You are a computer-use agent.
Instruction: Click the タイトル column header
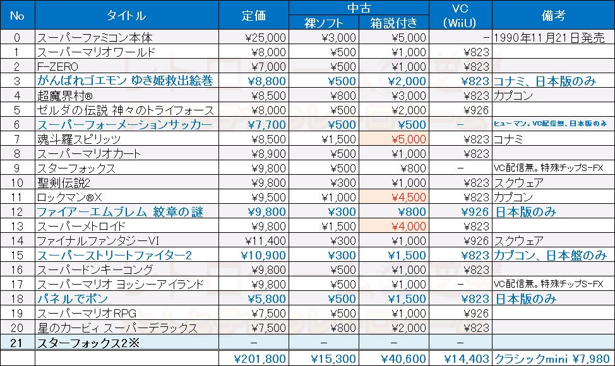pyautogui.click(x=126, y=16)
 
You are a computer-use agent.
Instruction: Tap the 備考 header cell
pyautogui.click(x=552, y=16)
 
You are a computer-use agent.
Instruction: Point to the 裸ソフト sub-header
pyautogui.click(x=324, y=23)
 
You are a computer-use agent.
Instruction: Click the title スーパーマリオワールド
pyautogui.click(x=96, y=52)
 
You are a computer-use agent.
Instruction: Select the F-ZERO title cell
pyautogui.click(x=57, y=66)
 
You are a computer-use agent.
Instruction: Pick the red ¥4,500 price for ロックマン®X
pyautogui.click(x=409, y=197)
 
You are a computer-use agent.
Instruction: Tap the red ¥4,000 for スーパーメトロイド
pyautogui.click(x=409, y=226)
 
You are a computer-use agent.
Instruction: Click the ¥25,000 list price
pyautogui.click(x=265, y=38)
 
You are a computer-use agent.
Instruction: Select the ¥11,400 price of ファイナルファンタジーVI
pyautogui.click(x=265, y=240)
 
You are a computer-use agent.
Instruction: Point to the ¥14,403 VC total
pyautogui.click(x=467, y=358)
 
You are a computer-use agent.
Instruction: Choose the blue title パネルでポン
pyautogui.click(x=73, y=298)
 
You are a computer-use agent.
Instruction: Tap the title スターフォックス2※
pyautogui.click(x=81, y=342)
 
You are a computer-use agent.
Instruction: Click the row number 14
pyautogui.click(x=17, y=240)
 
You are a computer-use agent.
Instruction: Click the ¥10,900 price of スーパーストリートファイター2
pyautogui.click(x=263, y=255)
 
